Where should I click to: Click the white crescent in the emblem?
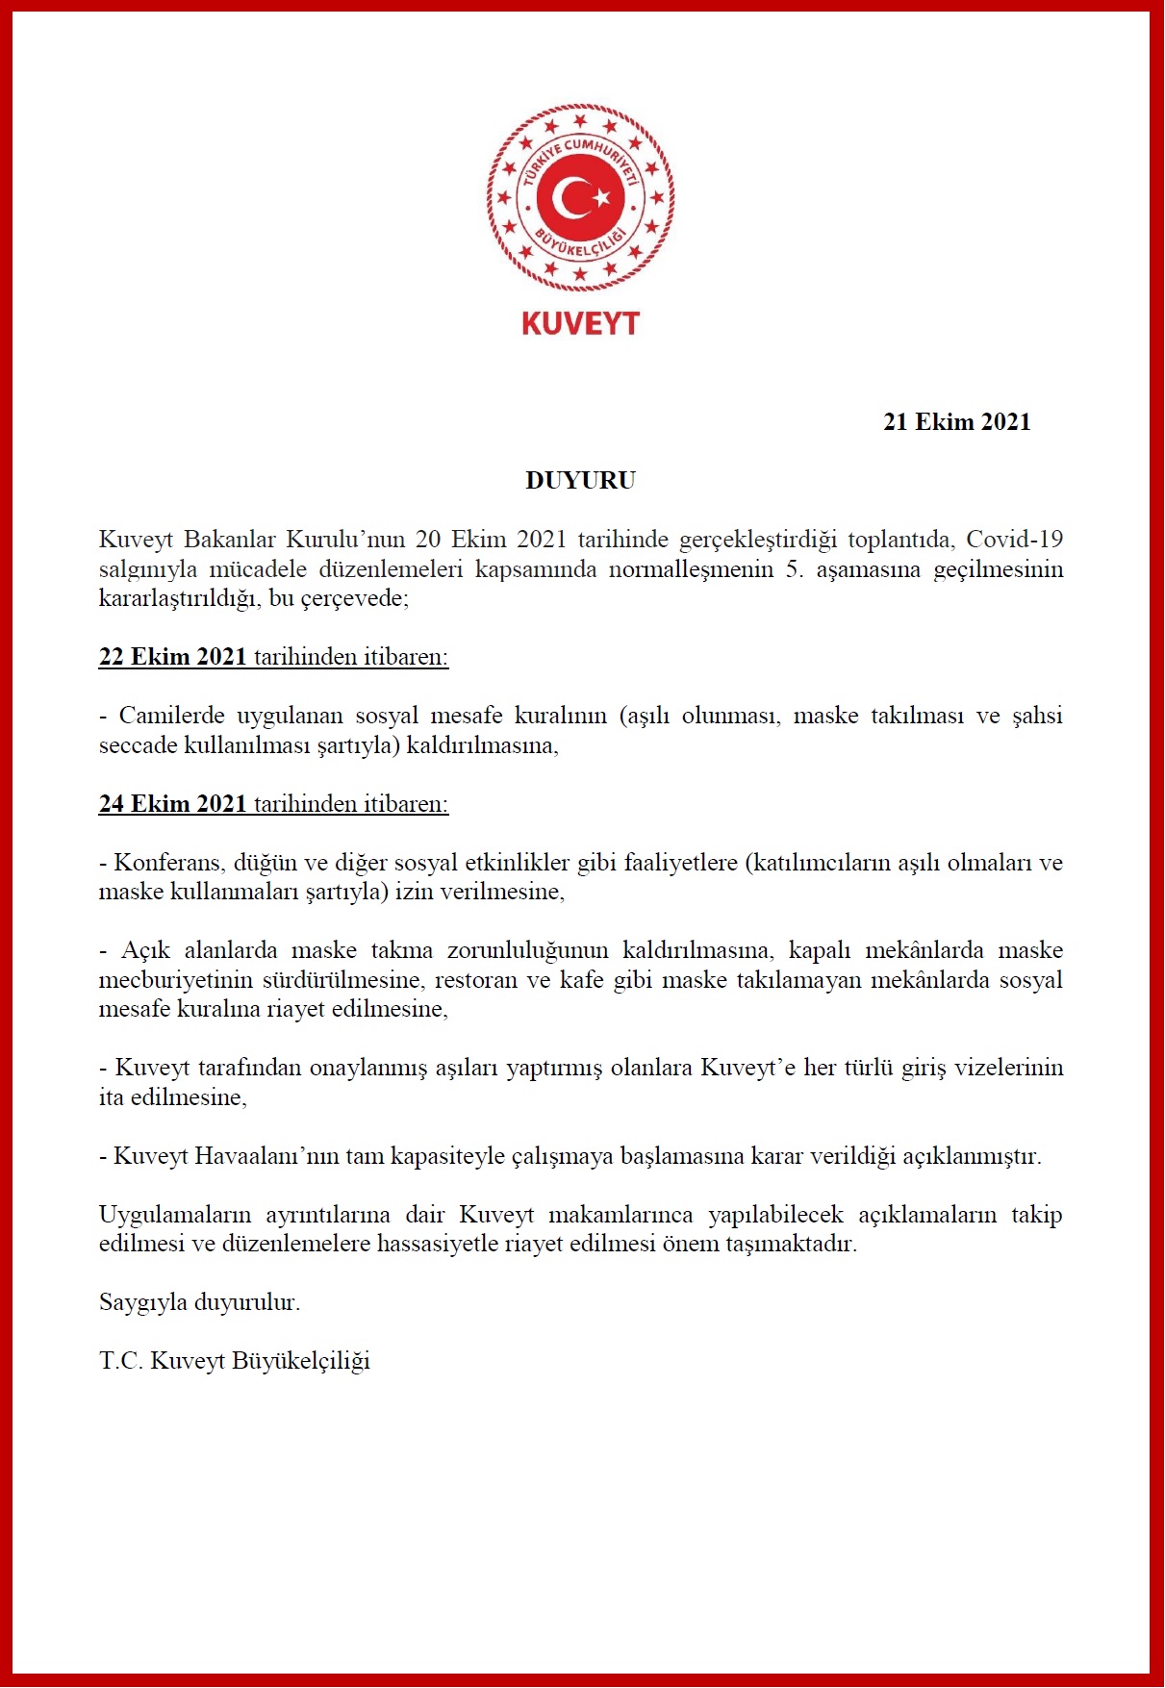click(570, 198)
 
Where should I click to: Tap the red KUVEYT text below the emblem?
click(580, 323)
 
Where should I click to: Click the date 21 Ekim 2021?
click(956, 422)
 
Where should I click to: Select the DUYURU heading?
click(580, 481)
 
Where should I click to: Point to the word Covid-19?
click(1014, 540)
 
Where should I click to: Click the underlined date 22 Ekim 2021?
click(173, 657)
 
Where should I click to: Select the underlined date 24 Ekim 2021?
click(173, 804)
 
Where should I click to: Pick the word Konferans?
click(168, 863)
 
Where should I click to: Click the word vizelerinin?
click(1008, 1068)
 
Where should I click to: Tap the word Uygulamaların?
click(174, 1215)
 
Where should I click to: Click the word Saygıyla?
click(142, 1303)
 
